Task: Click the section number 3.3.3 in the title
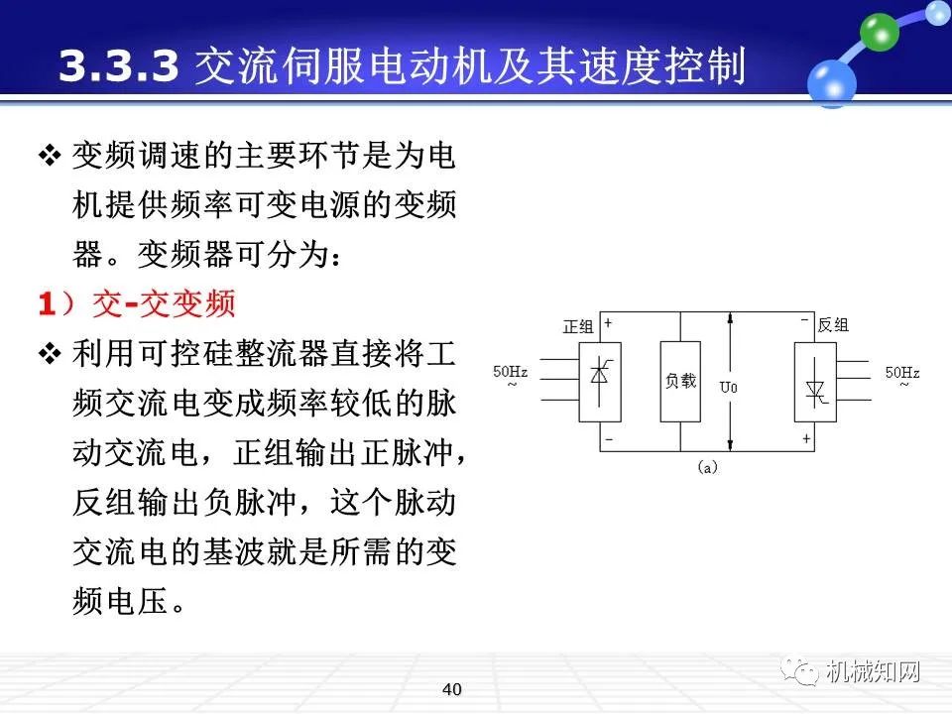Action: pos(119,66)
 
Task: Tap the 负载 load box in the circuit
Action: pos(680,382)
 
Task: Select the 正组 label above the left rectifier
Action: pos(577,326)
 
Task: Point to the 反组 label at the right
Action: pos(833,325)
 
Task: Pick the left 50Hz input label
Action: pos(511,373)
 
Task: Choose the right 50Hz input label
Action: pos(902,373)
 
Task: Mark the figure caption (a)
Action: pos(707,466)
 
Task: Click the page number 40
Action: pos(453,689)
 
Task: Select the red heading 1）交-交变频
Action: pos(137,303)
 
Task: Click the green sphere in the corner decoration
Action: pos(878,34)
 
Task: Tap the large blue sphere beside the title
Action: pos(831,80)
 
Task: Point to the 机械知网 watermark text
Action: pos(873,672)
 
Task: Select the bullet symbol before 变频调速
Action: pos(50,156)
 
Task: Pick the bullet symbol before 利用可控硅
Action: pos(50,354)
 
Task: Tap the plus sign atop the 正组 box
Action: pos(608,323)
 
